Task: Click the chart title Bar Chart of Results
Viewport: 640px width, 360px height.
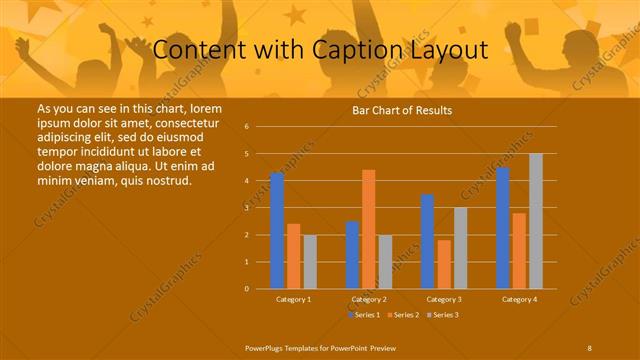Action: click(401, 111)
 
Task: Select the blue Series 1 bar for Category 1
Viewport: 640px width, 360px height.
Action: click(277, 231)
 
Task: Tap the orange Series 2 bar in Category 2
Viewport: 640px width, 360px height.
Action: click(369, 229)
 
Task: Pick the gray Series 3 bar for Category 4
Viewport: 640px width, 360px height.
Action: click(536, 221)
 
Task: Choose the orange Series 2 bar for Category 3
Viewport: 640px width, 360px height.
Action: click(443, 264)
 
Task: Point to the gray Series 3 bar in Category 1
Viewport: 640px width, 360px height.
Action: click(310, 262)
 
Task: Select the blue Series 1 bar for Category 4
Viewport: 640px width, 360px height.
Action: click(503, 228)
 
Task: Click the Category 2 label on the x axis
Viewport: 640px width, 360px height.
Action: click(369, 299)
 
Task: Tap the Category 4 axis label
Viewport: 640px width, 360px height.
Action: click(519, 299)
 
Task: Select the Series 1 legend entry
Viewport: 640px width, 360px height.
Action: click(363, 314)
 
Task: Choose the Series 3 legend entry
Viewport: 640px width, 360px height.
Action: click(442, 314)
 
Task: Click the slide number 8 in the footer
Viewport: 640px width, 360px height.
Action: click(589, 347)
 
